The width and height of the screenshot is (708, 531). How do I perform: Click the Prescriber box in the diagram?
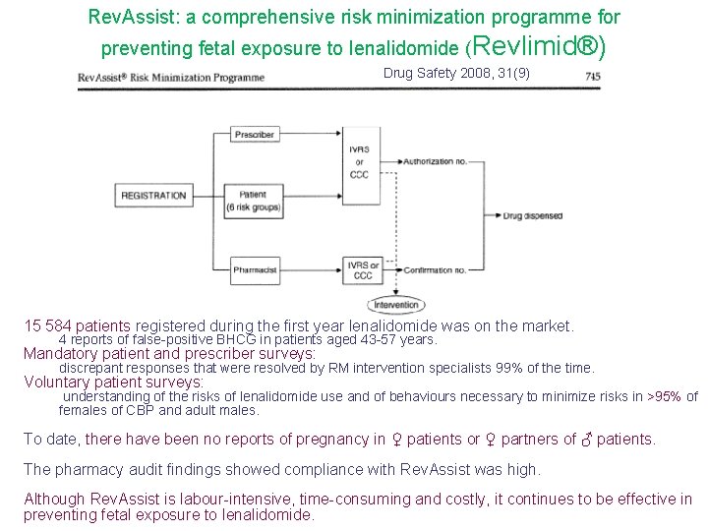pos(255,134)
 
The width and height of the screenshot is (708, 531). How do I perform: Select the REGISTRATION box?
pos(153,196)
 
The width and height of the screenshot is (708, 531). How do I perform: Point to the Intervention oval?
pos(395,305)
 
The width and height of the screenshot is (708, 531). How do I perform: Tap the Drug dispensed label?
pos(533,215)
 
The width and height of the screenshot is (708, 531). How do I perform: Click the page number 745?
pos(593,76)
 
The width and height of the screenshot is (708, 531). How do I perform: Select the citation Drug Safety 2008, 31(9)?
pos(456,74)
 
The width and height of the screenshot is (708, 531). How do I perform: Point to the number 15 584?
pos(47,325)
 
